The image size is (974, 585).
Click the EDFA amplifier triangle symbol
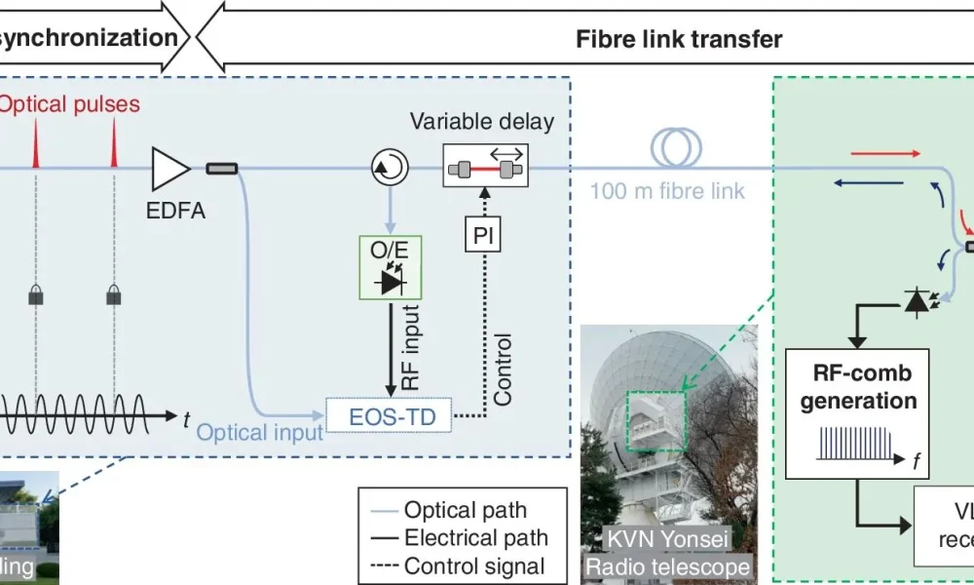point(170,170)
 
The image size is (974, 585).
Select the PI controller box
point(483,235)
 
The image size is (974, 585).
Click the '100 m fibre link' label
point(666,189)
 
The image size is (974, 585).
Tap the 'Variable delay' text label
point(481,122)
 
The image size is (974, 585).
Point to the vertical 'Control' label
point(504,370)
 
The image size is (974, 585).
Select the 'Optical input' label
point(258,430)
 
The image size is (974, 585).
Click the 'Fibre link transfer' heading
point(679,39)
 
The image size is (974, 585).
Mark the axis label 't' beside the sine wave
point(187,418)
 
